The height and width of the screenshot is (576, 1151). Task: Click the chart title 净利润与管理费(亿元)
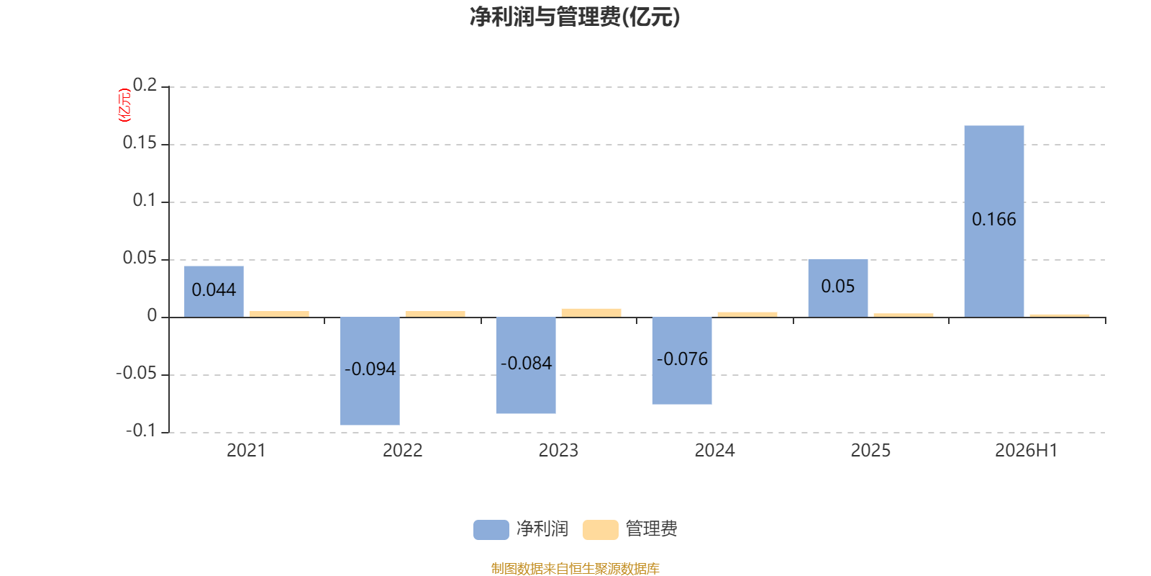point(575,17)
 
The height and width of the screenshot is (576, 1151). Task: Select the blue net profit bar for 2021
point(214,292)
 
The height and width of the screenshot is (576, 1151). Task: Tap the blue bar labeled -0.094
point(370,371)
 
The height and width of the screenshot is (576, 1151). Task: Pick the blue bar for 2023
point(526,365)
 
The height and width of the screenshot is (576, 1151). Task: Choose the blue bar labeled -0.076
point(682,361)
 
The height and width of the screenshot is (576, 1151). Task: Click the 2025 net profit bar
point(838,288)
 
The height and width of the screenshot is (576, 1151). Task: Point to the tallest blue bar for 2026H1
point(994,221)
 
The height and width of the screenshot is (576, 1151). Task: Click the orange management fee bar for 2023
point(591,312)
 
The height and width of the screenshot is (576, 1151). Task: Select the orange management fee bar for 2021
point(280,314)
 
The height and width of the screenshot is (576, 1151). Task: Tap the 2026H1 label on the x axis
point(1026,451)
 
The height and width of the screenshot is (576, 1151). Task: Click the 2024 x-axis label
point(715,451)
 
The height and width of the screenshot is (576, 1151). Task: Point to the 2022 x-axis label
point(402,451)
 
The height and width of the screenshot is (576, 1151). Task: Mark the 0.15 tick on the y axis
point(140,143)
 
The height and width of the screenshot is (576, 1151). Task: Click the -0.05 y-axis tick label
point(136,373)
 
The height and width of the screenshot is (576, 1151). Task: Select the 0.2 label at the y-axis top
point(145,85)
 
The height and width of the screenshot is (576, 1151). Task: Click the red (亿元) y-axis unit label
point(124,105)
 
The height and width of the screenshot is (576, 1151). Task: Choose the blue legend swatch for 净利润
point(491,530)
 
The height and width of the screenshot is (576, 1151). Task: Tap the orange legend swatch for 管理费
point(600,530)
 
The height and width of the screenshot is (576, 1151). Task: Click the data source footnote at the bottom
point(575,568)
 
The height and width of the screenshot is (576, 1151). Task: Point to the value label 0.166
point(993,220)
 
